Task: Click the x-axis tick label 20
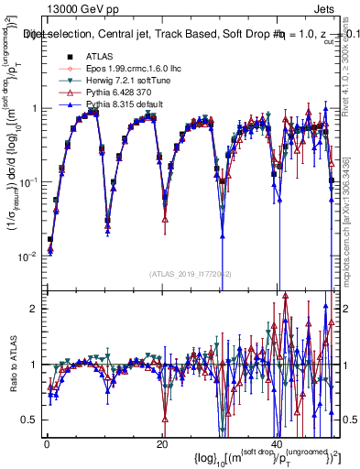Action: [161, 444]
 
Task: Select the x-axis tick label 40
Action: [276, 444]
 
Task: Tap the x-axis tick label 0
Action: [47, 444]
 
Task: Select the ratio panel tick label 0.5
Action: [29, 420]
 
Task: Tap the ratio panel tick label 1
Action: [33, 365]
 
